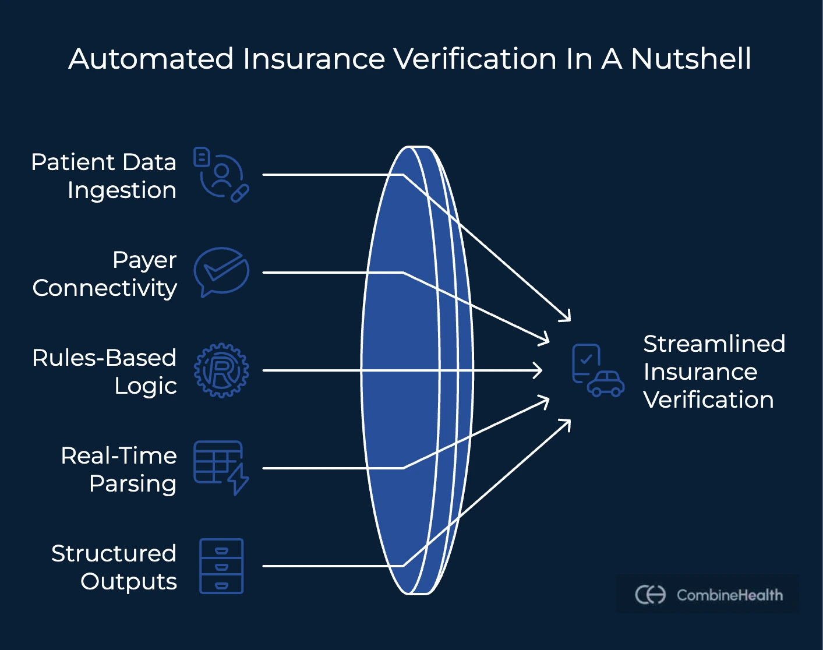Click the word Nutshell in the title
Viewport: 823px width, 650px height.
(691, 59)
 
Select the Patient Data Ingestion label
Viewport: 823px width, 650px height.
(104, 176)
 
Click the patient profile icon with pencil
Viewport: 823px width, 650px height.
(221, 174)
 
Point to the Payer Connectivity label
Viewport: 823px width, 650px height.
(105, 274)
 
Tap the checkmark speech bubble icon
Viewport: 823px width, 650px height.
(221, 271)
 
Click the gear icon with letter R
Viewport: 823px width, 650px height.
(221, 370)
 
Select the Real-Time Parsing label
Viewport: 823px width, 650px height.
(119, 469)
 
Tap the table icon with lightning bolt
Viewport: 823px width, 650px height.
(221, 467)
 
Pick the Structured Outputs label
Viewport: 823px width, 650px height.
(114, 567)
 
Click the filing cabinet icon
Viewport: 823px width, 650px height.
(221, 566)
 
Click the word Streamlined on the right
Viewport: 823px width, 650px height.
(714, 344)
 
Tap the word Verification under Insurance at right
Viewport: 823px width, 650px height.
(708, 400)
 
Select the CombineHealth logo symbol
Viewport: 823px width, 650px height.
(650, 595)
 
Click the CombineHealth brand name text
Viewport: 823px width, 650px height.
(729, 595)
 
